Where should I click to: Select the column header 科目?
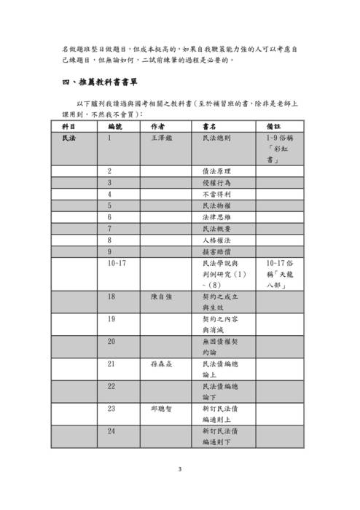point(69,126)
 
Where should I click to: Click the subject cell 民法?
point(69,137)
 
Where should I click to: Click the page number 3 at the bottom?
point(179,469)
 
